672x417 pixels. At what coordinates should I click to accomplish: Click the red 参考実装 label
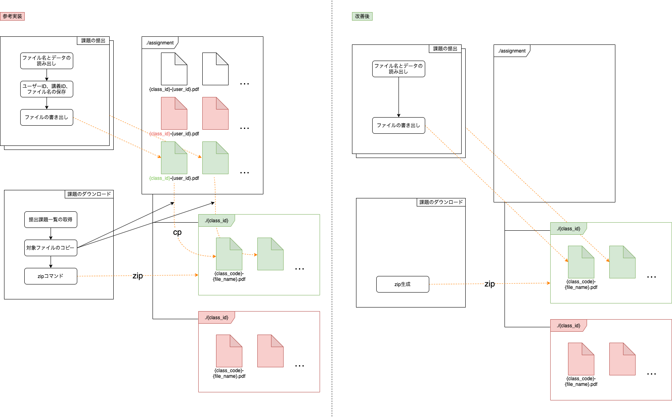tap(13, 17)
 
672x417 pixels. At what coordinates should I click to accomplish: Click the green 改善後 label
tap(362, 17)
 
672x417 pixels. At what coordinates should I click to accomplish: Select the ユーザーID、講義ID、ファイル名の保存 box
tap(47, 89)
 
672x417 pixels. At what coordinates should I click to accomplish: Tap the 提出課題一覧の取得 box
tap(51, 220)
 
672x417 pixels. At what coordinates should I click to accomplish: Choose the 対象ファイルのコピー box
tap(51, 248)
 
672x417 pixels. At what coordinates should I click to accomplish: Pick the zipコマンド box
tap(51, 276)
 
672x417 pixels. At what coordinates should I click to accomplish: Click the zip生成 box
tap(403, 284)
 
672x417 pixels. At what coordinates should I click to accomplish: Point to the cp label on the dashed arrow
tap(177, 232)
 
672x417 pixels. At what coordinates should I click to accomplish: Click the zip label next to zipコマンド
tap(138, 276)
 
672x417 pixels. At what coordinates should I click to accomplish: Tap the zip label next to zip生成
tap(490, 284)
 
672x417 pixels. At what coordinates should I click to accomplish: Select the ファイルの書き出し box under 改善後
tap(399, 125)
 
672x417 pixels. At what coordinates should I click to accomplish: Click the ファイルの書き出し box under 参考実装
tap(47, 117)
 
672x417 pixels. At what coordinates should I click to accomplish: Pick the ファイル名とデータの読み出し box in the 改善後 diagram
tap(399, 69)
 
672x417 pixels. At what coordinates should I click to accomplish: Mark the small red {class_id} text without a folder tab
tap(160, 134)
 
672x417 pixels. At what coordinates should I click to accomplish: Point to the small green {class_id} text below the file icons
tap(160, 178)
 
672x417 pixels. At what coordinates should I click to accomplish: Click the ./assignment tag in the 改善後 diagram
tap(512, 51)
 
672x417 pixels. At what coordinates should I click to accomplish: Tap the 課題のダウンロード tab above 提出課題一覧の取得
tap(89, 194)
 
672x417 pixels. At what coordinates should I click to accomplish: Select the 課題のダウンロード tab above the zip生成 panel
tap(441, 202)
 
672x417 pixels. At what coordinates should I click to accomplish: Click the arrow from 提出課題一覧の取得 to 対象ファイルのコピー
tap(51, 234)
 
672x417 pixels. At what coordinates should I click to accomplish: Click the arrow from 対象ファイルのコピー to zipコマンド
tap(51, 262)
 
